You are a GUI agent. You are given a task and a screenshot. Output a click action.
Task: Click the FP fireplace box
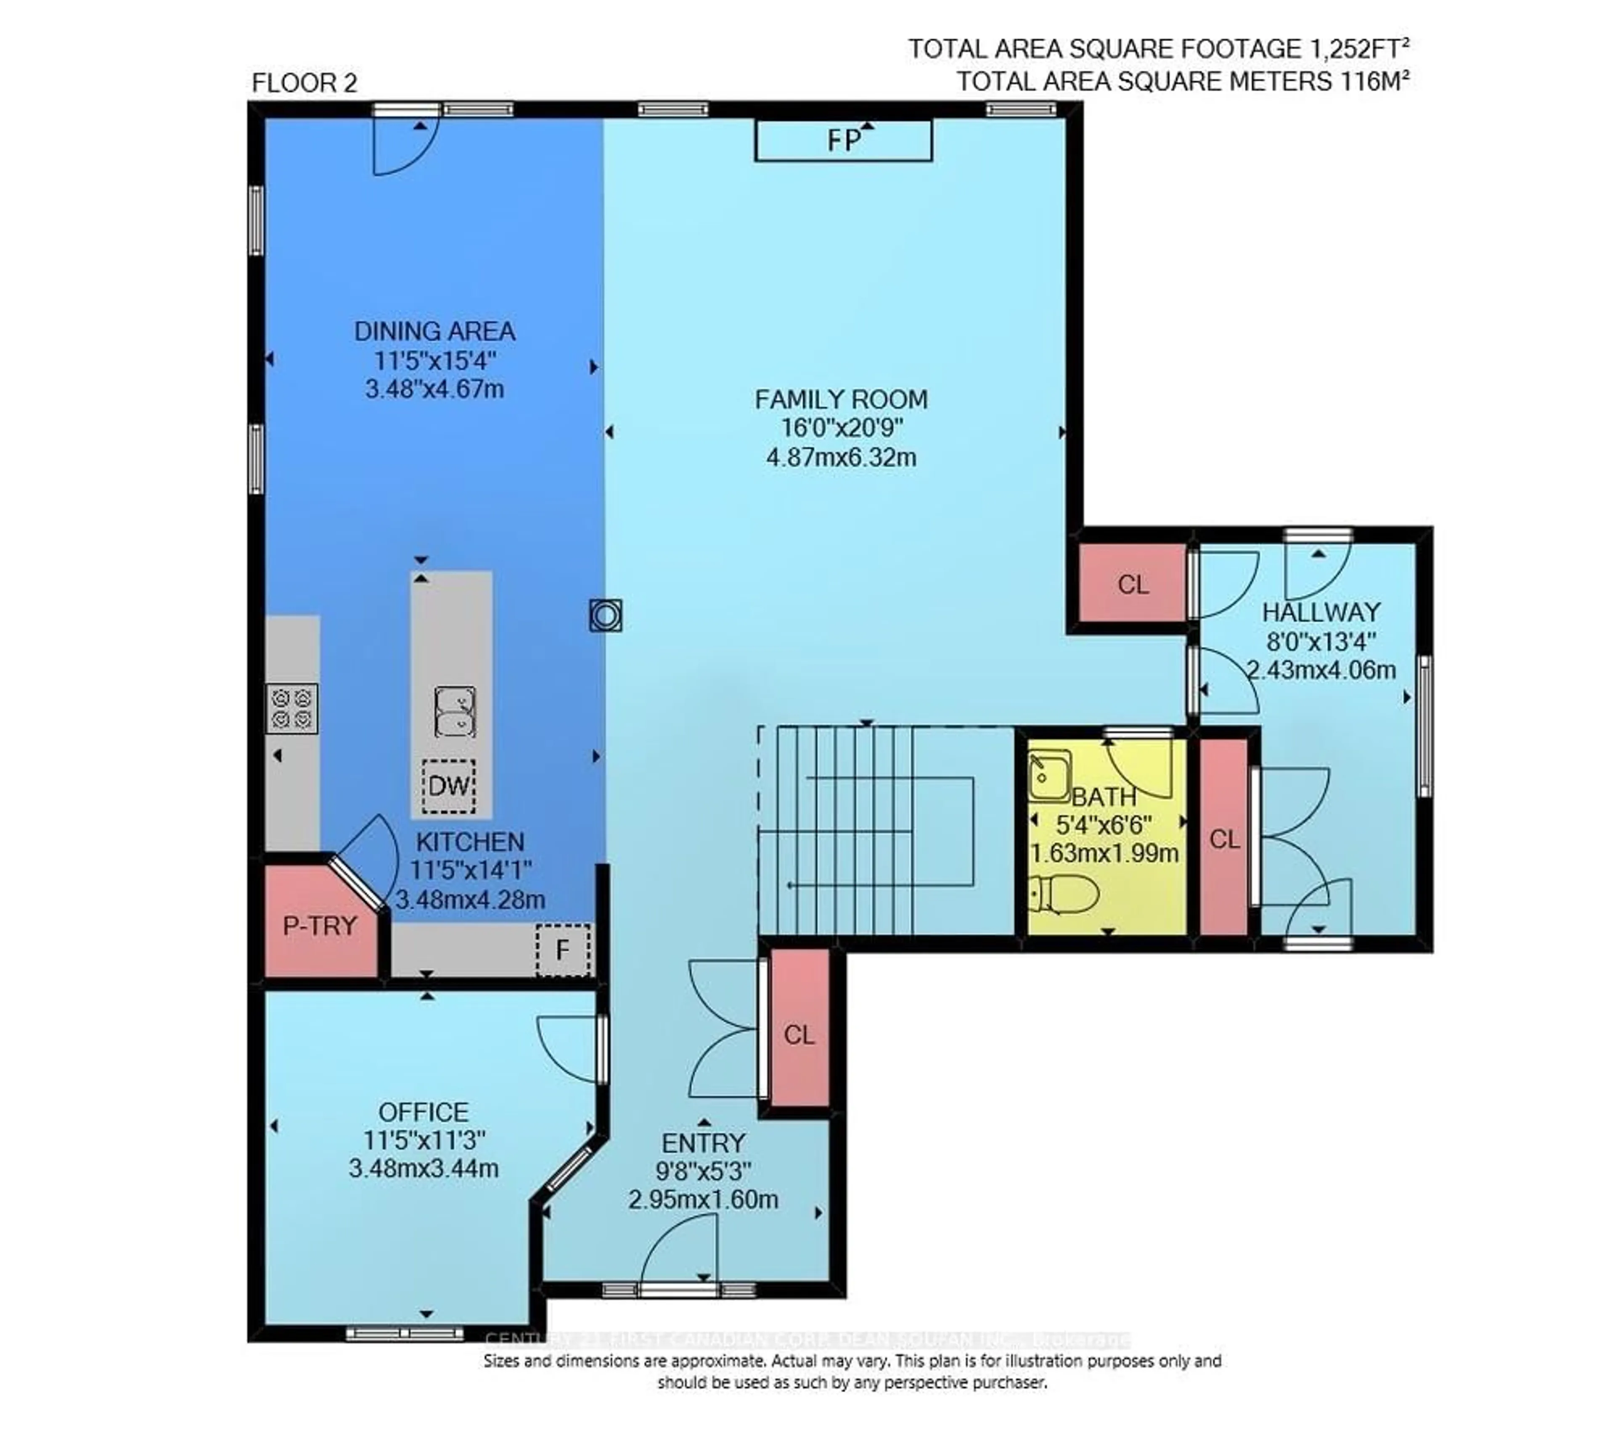tap(843, 140)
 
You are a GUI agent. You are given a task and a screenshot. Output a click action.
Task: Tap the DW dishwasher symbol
tap(448, 786)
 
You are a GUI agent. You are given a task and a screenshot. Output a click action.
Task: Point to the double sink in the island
tap(455, 712)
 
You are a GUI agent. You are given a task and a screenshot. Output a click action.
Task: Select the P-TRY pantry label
tap(320, 926)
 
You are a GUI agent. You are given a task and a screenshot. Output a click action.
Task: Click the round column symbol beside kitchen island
tap(605, 615)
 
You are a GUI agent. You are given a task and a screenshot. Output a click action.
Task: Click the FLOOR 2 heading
tap(304, 83)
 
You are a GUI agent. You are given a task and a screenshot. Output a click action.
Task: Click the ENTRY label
tap(702, 1142)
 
